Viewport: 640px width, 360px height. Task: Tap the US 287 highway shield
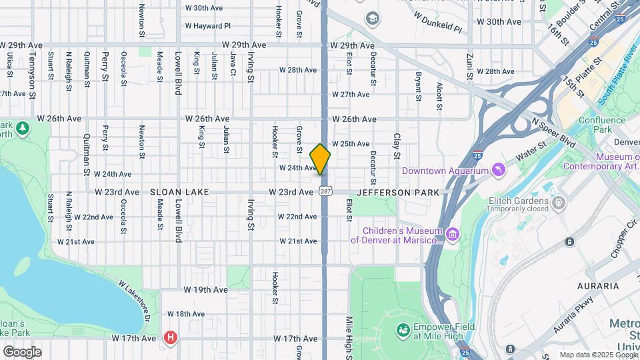point(325,192)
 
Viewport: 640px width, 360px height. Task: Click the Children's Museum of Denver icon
point(453,235)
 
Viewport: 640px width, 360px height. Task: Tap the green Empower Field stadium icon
point(402,331)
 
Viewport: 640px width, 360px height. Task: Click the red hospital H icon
point(171,338)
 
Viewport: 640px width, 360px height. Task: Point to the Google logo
point(22,352)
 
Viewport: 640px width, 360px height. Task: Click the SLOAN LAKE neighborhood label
point(179,192)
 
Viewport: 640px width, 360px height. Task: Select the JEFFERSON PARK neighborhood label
point(398,192)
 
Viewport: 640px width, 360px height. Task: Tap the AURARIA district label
point(599,286)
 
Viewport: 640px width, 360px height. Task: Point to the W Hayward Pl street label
point(207,26)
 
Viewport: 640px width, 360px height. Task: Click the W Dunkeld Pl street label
point(437,21)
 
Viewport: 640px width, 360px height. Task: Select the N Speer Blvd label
point(553,132)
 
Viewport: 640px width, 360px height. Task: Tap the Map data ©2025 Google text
point(597,354)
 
